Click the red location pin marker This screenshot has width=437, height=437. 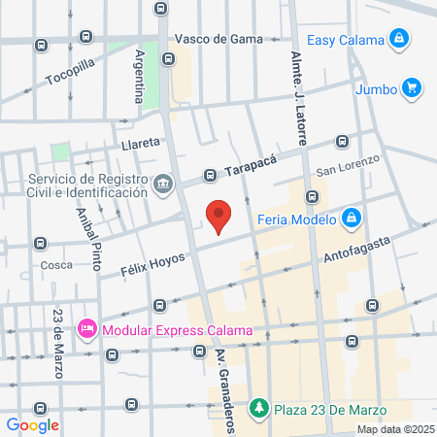[218, 216]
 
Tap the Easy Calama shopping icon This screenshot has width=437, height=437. [397, 39]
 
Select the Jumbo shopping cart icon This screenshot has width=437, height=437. [412, 88]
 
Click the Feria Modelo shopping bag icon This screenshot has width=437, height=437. [352, 218]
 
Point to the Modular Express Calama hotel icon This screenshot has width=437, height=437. [88, 330]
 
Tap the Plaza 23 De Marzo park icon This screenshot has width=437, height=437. [257, 406]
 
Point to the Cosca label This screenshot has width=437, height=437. [55, 264]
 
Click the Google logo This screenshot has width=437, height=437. [33, 424]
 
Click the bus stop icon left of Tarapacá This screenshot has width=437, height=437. [210, 177]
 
